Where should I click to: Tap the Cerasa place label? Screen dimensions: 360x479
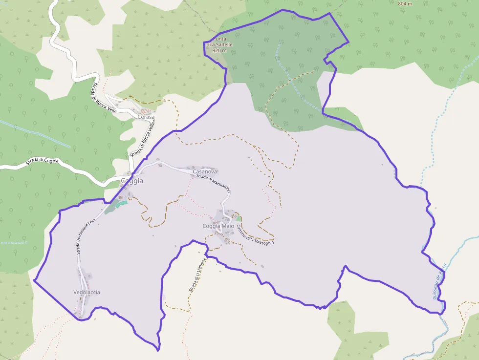click(x=146, y=117)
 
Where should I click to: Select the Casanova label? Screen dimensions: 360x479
click(x=205, y=172)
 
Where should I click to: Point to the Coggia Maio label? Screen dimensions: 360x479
click(x=218, y=226)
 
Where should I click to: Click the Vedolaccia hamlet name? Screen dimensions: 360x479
click(x=87, y=292)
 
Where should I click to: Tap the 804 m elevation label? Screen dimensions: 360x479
click(x=405, y=4)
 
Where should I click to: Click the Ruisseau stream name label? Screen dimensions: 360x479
click(x=439, y=281)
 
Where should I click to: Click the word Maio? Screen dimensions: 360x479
click(x=228, y=226)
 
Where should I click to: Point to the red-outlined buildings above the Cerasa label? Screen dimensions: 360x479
click(x=146, y=111)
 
